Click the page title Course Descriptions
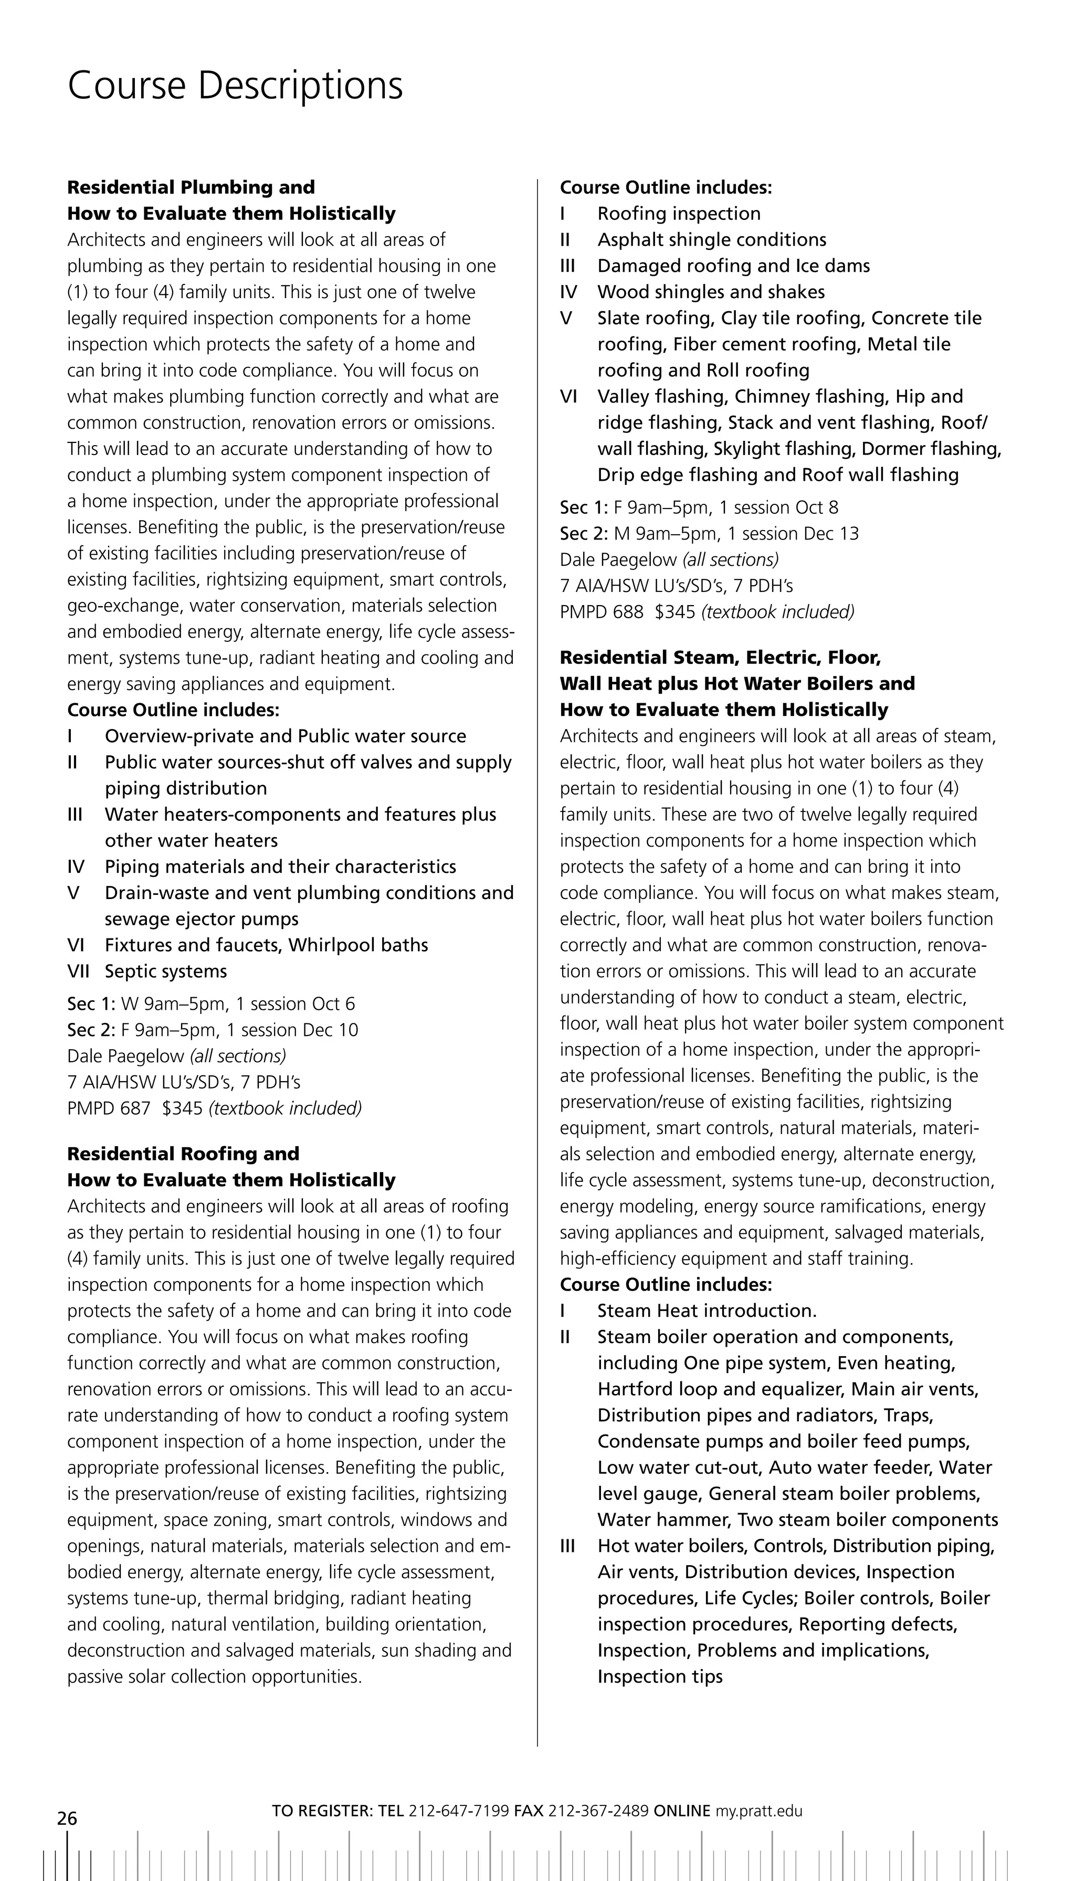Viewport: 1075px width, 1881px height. click(x=235, y=87)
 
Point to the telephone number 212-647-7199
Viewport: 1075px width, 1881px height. click(x=458, y=1811)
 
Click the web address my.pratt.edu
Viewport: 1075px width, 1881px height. click(x=758, y=1811)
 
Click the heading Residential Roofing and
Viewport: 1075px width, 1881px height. click(x=183, y=1154)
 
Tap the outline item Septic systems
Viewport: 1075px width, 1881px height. click(x=165, y=971)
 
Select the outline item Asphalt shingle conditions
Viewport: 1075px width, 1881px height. click(x=712, y=240)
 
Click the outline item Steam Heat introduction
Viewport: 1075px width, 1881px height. click(x=707, y=1311)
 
